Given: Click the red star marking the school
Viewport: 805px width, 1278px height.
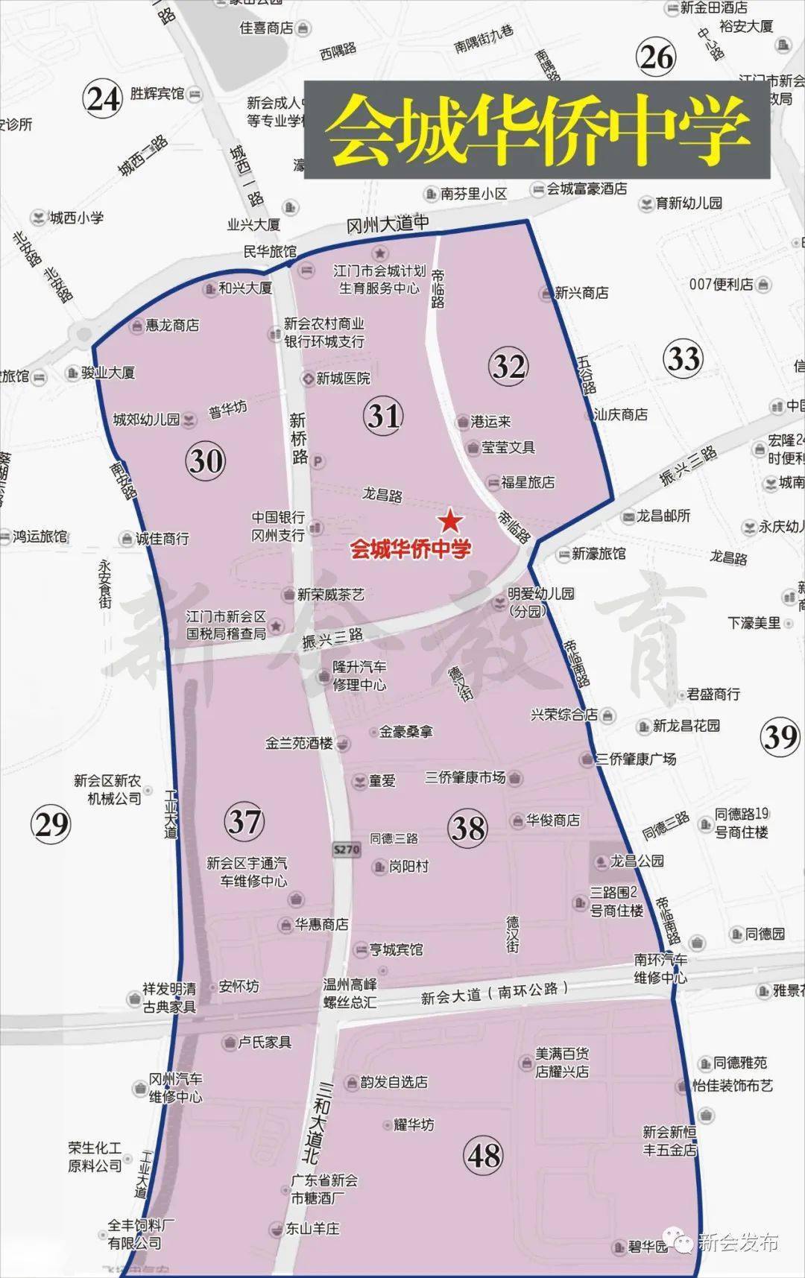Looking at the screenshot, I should (449, 520).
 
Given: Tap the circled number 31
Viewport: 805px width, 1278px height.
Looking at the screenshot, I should (384, 415).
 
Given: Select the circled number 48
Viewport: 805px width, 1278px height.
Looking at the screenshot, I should (484, 1156).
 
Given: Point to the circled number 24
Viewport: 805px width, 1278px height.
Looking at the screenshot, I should (103, 98).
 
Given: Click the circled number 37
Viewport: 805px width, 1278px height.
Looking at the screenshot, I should (244, 821).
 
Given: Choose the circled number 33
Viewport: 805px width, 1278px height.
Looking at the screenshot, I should (683, 358).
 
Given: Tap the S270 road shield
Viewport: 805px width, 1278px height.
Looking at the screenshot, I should (347, 849).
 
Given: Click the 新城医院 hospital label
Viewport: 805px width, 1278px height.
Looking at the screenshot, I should (342, 379).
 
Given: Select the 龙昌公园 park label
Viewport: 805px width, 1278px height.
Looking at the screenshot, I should (636, 861).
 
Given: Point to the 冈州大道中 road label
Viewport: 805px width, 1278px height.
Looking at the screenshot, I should (388, 224).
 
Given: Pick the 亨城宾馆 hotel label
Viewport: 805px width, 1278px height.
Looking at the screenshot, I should (395, 949).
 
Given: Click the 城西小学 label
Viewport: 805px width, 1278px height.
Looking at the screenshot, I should (76, 218).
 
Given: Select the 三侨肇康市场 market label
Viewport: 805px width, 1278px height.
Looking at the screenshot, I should (465, 778).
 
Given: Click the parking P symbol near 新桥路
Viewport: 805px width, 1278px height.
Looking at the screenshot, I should (318, 462).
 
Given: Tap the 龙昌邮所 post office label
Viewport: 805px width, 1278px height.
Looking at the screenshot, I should (663, 516).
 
